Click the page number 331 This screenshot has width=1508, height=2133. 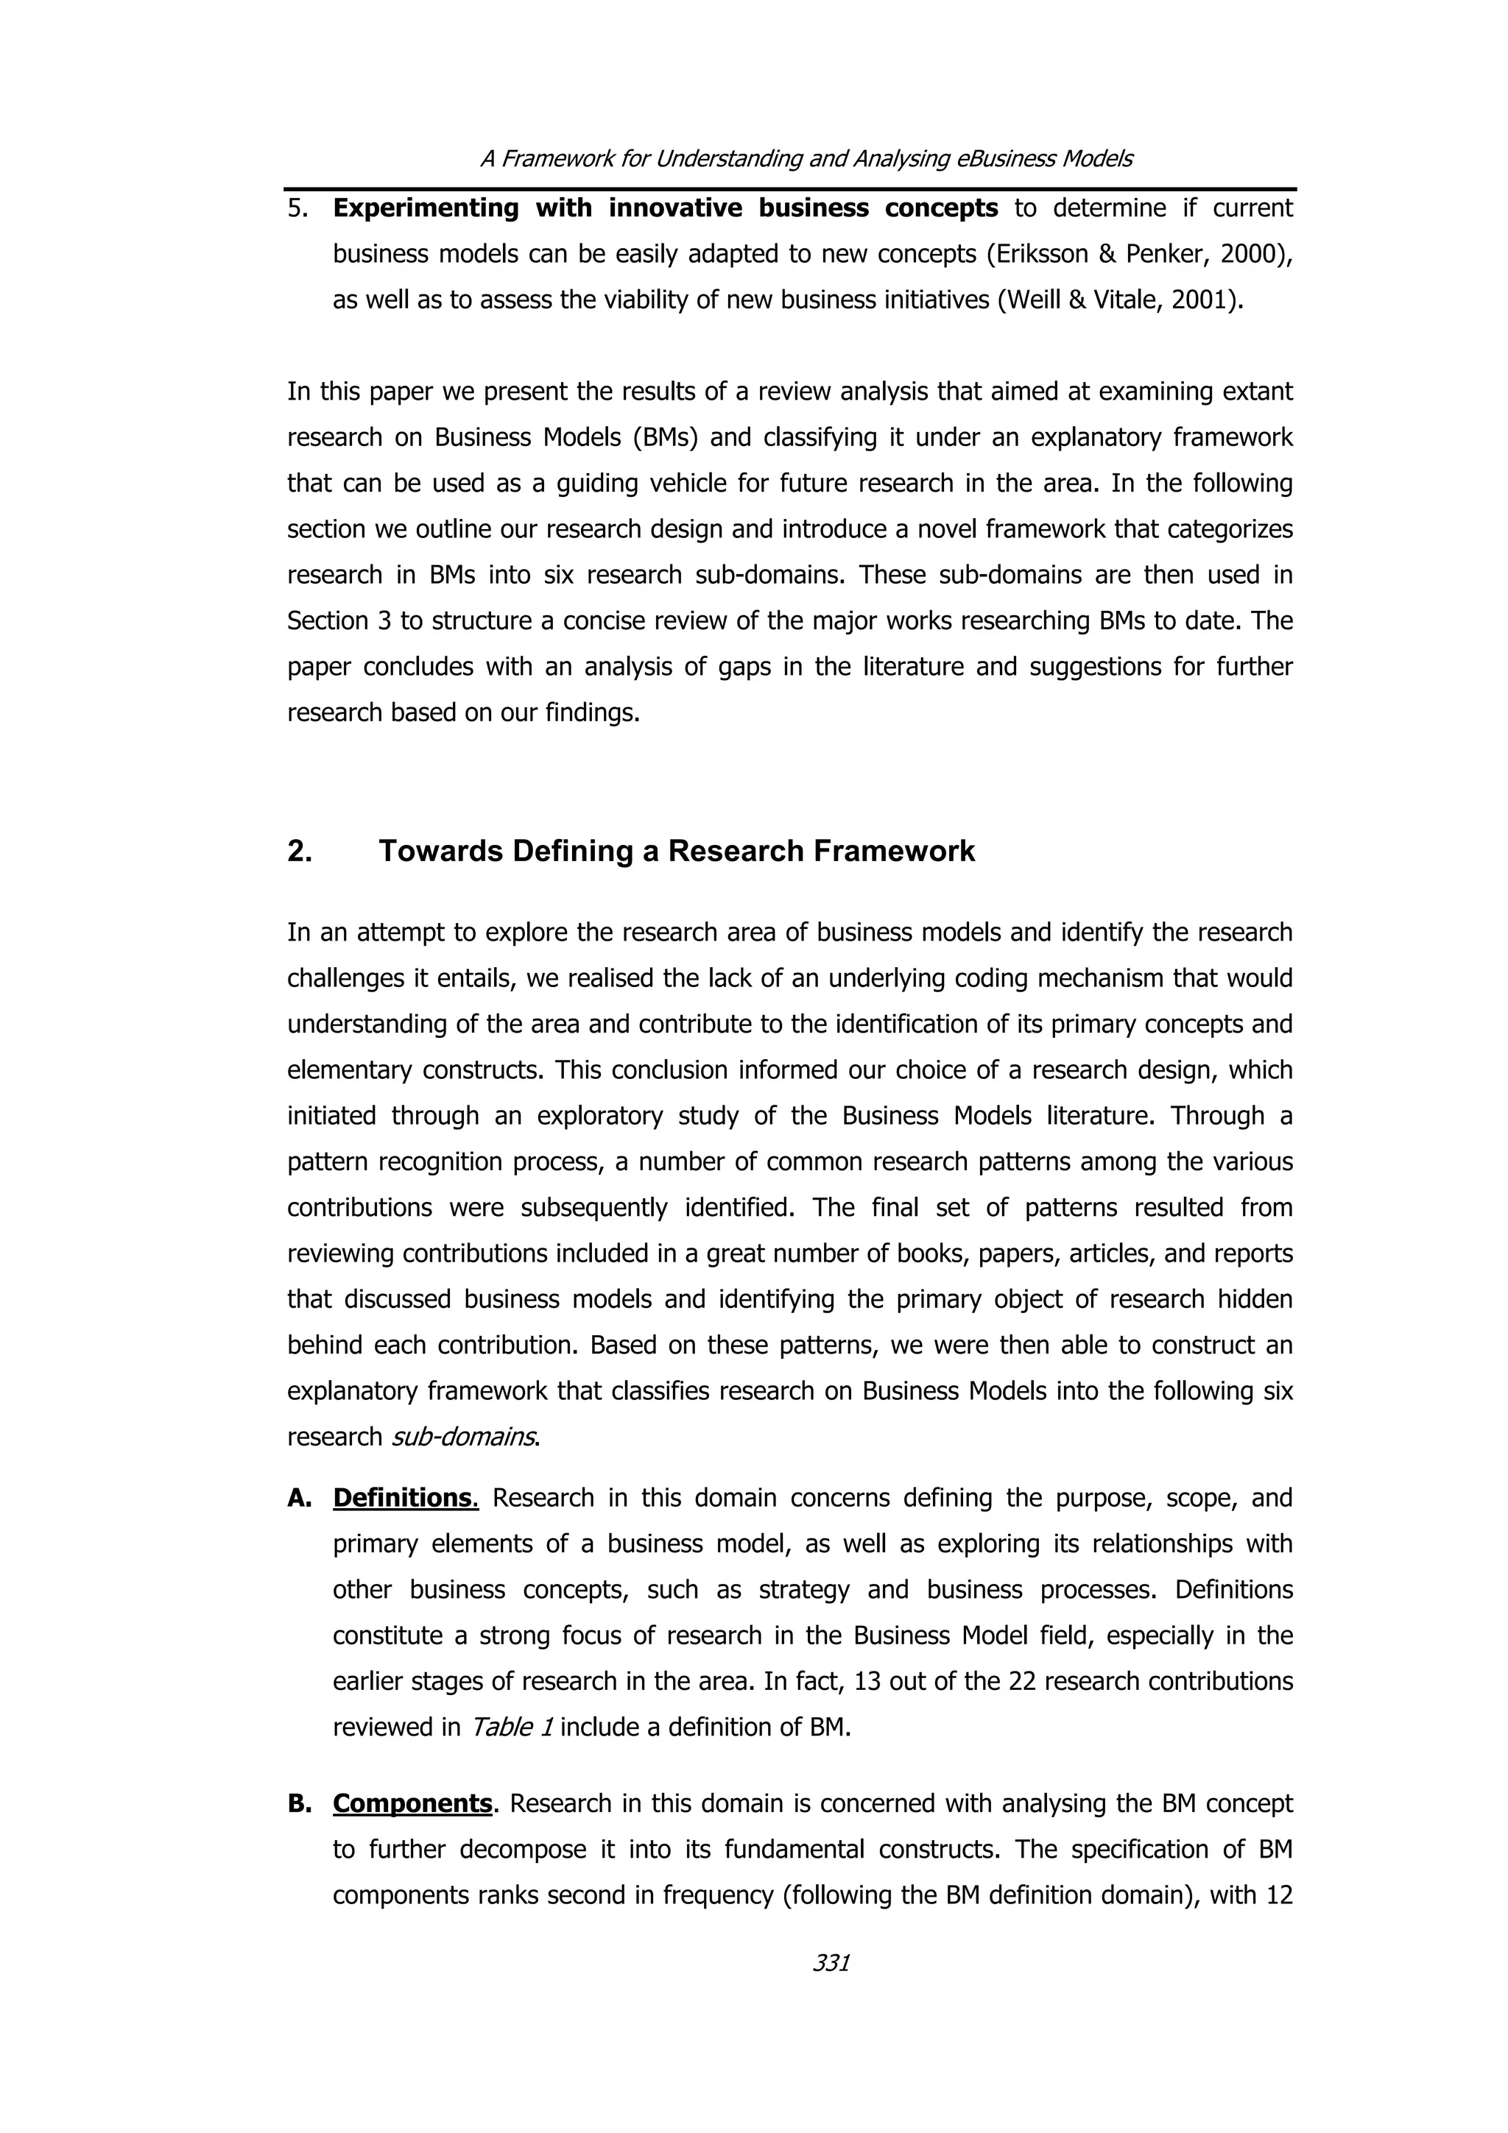831,1962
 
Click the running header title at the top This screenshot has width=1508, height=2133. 806,159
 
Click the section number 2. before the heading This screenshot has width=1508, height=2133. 299,851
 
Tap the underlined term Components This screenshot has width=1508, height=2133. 412,1803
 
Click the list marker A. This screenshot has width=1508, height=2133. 299,1498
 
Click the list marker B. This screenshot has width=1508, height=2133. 299,1803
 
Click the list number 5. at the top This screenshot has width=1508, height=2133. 297,208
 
